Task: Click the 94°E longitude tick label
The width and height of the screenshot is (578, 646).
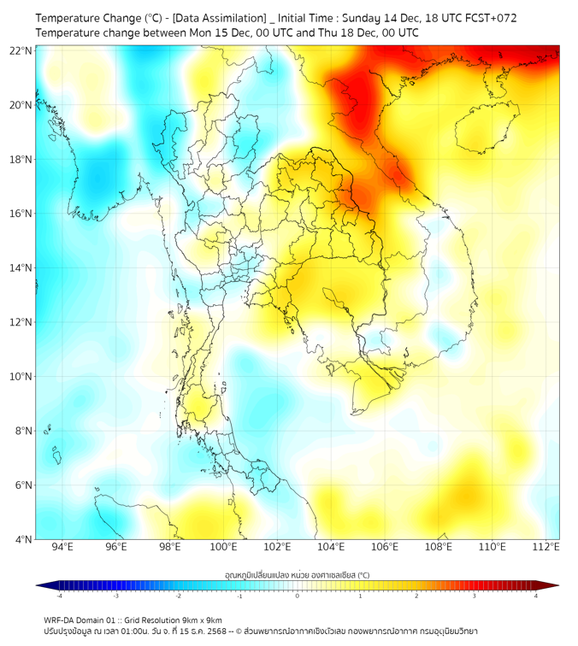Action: [x=62, y=547]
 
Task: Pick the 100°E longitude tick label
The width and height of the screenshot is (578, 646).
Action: [x=224, y=547]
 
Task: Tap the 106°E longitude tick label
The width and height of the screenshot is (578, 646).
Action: [x=385, y=547]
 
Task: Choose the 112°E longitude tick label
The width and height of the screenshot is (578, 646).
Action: [x=546, y=547]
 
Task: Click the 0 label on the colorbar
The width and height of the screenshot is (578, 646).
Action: [x=298, y=596]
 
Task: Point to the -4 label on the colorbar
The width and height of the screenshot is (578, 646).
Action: [x=59, y=596]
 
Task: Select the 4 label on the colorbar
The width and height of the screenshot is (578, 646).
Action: [x=536, y=596]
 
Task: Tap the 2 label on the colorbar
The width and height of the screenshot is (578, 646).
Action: [x=417, y=596]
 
